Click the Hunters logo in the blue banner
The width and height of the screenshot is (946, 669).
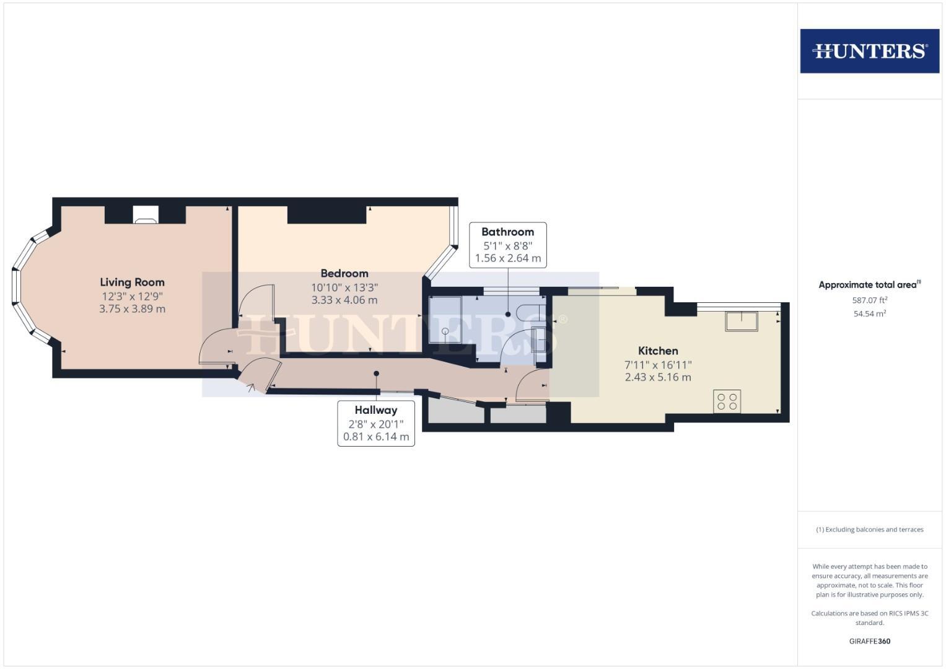869,51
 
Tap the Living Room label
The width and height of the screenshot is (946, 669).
132,282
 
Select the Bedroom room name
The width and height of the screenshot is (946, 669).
344,273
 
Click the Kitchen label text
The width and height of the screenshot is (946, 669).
658,351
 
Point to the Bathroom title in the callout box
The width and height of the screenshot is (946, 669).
507,232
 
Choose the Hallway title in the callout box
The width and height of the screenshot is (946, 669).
376,410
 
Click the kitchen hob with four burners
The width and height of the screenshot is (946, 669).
727,401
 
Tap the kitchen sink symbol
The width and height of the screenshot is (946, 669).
742,321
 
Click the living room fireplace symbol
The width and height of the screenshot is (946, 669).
146,214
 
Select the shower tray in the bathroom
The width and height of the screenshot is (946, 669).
445,319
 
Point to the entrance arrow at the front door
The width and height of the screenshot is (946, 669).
251,388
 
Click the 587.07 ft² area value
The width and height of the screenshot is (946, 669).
869,300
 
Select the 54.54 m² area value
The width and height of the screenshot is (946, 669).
869,313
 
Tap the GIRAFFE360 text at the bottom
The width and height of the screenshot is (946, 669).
869,641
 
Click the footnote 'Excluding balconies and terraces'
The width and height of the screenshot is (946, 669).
869,530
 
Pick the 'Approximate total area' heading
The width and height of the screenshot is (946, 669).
869,285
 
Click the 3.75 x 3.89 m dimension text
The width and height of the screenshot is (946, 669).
132,308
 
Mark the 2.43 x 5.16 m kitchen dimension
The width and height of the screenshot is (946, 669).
658,377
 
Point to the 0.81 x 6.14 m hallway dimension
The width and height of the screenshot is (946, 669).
376,437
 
